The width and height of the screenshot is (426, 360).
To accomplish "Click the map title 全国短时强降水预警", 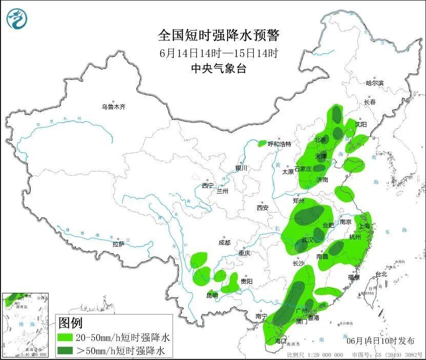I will click(x=219, y=35).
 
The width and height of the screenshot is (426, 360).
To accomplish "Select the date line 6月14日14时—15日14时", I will click(x=219, y=53).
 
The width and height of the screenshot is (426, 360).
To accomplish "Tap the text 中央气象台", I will click(x=219, y=68).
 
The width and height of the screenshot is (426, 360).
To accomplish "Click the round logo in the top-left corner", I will click(x=17, y=19).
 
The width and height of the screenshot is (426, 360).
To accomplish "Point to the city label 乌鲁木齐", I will click(x=113, y=107).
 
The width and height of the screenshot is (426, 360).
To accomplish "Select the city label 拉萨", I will click(x=118, y=244).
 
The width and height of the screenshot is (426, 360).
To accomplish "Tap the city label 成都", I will click(x=224, y=242).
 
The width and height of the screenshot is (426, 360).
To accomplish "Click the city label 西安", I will click(x=262, y=207).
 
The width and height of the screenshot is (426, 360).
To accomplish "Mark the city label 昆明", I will click(x=212, y=295).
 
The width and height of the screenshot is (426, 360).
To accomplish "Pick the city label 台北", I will click(x=381, y=274).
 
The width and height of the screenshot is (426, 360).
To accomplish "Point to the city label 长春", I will click(x=370, y=102).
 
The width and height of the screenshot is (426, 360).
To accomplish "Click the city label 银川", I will click(x=241, y=168).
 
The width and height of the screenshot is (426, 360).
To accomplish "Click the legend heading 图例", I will click(x=70, y=324).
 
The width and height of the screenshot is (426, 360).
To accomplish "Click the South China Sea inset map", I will click(x=26, y=325).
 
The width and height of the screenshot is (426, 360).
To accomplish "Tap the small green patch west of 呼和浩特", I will click(x=262, y=143).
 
